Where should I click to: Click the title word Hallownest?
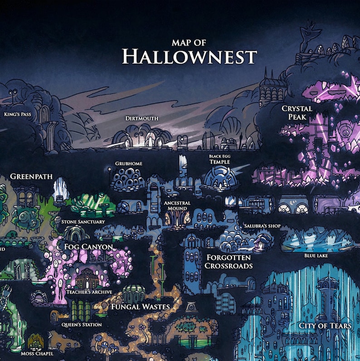[x=190, y=57]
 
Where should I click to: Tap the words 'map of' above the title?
[x=189, y=43]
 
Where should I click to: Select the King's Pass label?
[x=17, y=114]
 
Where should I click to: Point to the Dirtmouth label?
[x=142, y=118]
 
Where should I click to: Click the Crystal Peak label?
[x=297, y=112]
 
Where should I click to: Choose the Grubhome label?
[x=129, y=164]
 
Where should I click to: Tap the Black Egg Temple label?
[x=219, y=159]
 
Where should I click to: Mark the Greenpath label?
[x=31, y=176]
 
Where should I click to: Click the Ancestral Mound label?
[x=177, y=205]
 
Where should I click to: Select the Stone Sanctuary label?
[x=83, y=222]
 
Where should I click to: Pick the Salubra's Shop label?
[x=263, y=226]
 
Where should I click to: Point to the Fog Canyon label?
[x=88, y=247]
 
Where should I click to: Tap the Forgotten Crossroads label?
[x=229, y=261]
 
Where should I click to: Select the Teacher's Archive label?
[x=89, y=292]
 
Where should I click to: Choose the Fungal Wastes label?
[x=140, y=307]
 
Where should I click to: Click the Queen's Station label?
[x=82, y=325]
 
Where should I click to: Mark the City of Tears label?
[x=325, y=326]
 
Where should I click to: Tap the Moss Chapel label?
[x=37, y=353]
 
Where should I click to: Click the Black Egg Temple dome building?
[x=220, y=178]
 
